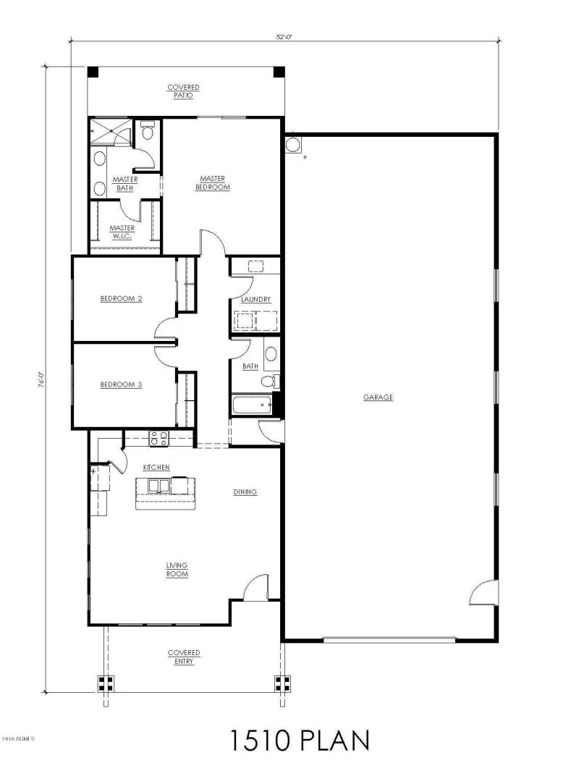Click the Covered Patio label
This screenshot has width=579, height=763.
183,91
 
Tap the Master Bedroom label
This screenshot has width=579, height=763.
213,182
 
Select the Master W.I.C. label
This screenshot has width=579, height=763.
122,232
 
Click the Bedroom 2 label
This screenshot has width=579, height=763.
120,298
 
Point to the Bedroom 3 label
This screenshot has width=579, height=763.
120,384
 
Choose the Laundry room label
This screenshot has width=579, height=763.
255,299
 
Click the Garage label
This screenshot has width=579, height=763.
378,397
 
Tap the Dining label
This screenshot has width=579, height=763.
245,492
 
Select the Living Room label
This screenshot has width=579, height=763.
177,569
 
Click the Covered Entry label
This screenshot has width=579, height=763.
184,657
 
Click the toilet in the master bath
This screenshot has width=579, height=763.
147,130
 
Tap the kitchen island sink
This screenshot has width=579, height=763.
158,486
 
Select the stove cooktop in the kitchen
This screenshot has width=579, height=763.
158,437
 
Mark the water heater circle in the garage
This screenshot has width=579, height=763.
293,144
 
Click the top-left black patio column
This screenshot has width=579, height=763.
93,72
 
